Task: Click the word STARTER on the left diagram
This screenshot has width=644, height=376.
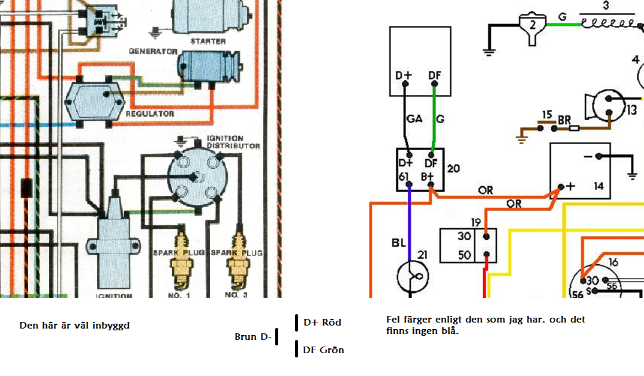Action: coord(208,41)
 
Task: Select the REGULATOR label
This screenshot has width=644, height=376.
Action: coord(150,114)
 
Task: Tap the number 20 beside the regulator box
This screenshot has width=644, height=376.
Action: coord(453,169)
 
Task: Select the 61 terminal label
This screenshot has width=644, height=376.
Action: coord(404,177)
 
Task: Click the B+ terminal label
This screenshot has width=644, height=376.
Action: coord(429,177)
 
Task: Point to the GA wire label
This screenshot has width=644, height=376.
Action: coord(414,119)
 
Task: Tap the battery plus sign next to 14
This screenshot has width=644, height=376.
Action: coord(570,186)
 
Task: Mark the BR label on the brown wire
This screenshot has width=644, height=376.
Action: coord(564,120)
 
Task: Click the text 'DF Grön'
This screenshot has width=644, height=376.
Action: coord(324,350)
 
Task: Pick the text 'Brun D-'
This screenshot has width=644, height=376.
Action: coord(253,337)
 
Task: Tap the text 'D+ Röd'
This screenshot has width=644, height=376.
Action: coord(322,323)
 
